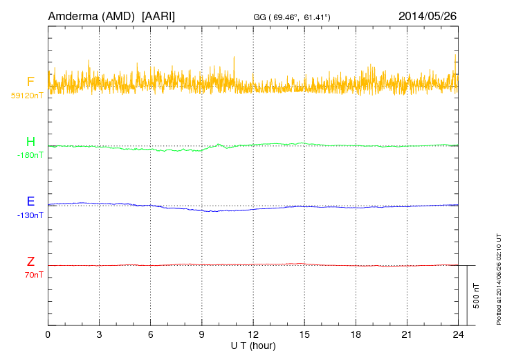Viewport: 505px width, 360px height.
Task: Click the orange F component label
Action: coord(30,82)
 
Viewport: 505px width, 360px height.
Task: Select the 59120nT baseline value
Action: coord(27,96)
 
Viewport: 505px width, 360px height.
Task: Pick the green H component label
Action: coord(30,143)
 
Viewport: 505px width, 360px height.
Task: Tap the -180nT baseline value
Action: coord(30,155)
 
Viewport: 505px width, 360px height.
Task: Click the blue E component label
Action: coord(30,202)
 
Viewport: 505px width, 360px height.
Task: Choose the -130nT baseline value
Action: coord(30,215)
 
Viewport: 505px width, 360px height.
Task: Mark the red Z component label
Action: coord(30,262)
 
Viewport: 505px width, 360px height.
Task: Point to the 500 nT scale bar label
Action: coord(477,296)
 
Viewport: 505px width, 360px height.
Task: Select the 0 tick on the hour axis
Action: coord(48,334)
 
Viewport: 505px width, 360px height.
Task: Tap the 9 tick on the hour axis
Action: coord(202,334)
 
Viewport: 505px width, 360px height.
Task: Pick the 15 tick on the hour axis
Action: coord(304,334)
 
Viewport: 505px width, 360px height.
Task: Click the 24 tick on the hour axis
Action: coord(457,334)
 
